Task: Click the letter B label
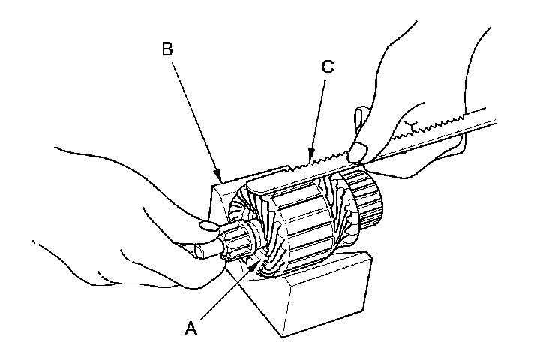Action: tap(168, 50)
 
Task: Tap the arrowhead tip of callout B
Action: tap(220, 179)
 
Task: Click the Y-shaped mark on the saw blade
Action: tap(407, 123)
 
